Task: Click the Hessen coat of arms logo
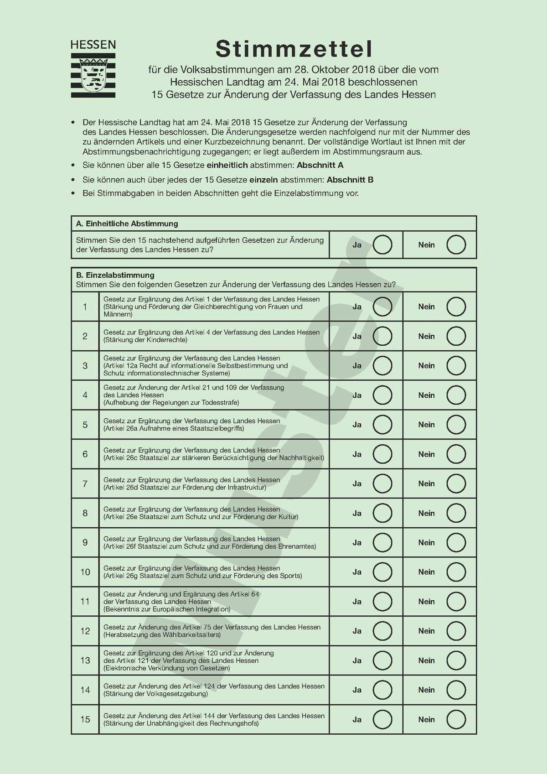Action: tap(93, 75)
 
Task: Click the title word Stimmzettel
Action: tap(294, 49)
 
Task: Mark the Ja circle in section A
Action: tap(382, 245)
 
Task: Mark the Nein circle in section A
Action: tap(456, 245)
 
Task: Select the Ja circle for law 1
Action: tap(382, 306)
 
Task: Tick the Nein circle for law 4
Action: tap(456, 395)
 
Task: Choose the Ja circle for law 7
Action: tap(382, 483)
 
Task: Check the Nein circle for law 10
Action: tap(456, 572)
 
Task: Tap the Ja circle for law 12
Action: tap(382, 631)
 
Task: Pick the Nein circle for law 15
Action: tap(456, 719)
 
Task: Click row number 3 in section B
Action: tap(85, 366)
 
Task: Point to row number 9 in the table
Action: tap(85, 543)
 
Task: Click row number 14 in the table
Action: tap(85, 690)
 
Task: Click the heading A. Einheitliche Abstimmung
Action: tap(127, 224)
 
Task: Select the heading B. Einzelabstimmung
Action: tap(115, 275)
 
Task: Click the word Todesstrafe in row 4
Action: tap(218, 403)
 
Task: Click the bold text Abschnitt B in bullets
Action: tap(350, 180)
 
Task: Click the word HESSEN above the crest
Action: tap(93, 45)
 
